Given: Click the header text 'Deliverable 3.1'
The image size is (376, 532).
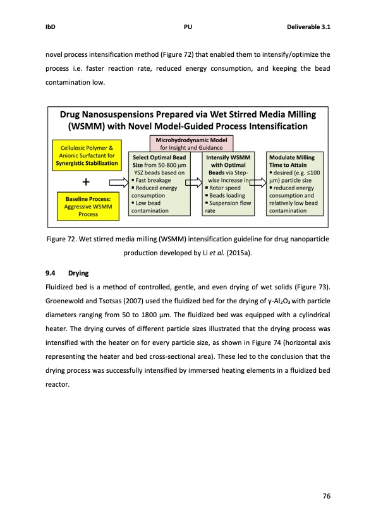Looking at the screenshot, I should [310, 27].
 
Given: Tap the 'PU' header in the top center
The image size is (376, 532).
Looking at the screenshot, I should [188, 27].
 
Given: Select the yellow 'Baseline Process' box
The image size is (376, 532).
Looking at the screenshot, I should [84, 206].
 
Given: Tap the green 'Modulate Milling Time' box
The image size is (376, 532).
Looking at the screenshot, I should [296, 183].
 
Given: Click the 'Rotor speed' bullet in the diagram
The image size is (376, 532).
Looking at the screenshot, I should [225, 188].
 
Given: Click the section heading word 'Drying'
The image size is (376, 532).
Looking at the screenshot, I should [78, 274].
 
